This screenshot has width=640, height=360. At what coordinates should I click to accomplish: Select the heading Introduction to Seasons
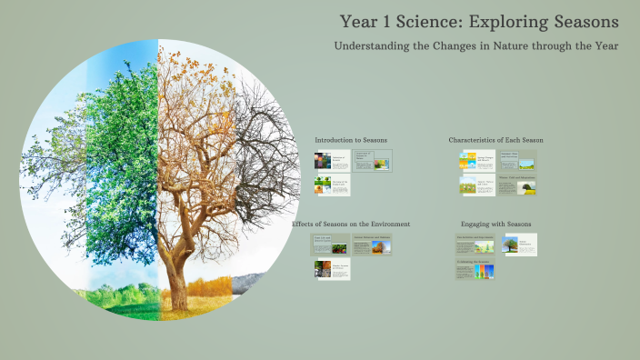(351, 140)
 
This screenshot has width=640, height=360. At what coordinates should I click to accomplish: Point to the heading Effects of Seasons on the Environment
(351, 224)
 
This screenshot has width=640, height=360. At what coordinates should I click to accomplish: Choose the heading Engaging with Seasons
(495, 224)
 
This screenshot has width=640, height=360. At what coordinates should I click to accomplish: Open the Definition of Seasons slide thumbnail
(332, 161)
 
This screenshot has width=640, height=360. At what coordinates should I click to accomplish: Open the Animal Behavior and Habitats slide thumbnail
(372, 245)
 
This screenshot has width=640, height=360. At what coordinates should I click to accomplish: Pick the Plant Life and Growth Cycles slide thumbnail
(332, 245)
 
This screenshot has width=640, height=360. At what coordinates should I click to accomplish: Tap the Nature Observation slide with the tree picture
(520, 245)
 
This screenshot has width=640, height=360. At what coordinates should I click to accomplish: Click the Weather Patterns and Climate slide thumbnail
(332, 270)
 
